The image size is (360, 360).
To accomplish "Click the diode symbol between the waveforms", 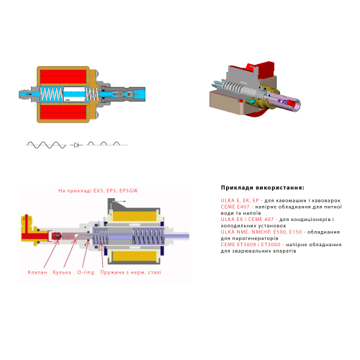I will pos(76,145).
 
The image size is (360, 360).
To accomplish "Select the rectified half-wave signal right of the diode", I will pos(104,144).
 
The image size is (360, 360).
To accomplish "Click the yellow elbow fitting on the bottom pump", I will pos(27,225).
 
